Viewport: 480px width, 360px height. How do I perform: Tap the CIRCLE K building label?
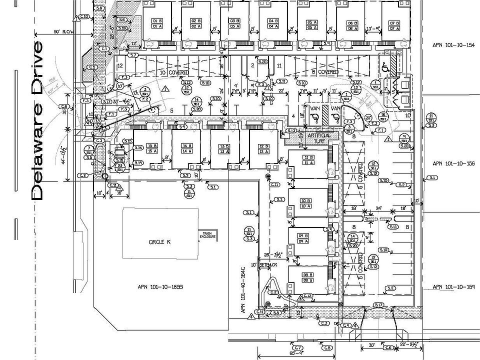(x=159, y=241)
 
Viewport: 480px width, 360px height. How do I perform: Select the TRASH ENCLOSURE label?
(x=207, y=235)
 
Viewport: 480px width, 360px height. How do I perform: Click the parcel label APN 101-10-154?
(x=453, y=45)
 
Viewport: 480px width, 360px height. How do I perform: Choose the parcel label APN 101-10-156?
(x=453, y=163)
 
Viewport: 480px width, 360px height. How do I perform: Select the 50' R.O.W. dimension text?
(x=64, y=32)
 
